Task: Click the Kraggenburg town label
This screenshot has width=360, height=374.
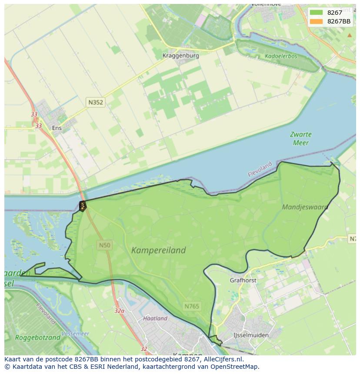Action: [x=180, y=56]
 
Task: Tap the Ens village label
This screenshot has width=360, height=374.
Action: [x=57, y=128]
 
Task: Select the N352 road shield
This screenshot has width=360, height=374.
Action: [x=95, y=103]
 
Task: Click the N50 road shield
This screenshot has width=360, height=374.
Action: [x=104, y=245]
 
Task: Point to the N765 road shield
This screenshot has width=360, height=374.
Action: [x=191, y=306]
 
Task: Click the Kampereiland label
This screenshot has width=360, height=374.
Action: [x=158, y=250]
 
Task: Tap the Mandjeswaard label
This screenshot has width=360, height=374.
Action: [x=305, y=207]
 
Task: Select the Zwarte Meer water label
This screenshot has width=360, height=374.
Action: [x=301, y=139]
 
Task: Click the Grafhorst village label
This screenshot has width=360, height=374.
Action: [x=243, y=281]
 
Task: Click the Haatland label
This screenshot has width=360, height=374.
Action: [x=155, y=318]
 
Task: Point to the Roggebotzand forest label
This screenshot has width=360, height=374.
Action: [x=37, y=338]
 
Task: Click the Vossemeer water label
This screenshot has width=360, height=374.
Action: [x=75, y=334]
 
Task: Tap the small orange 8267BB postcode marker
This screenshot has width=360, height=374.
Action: [x=82, y=206]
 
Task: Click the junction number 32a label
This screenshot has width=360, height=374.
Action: [x=120, y=311]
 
